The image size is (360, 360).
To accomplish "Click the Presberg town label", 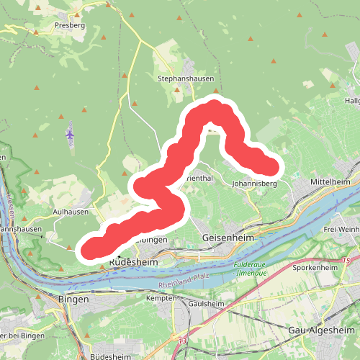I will pos(70,24).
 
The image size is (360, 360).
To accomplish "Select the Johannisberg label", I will pos(255,184).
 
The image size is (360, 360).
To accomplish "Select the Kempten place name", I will pos(161,297).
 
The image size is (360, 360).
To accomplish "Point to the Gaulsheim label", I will pos(206,304).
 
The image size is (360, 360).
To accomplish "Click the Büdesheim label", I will pos(112,356).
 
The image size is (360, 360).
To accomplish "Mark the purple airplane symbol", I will pos(70,134).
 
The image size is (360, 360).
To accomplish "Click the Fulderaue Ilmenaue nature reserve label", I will pos(251,268).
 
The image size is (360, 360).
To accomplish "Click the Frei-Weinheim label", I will pos(343,229).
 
